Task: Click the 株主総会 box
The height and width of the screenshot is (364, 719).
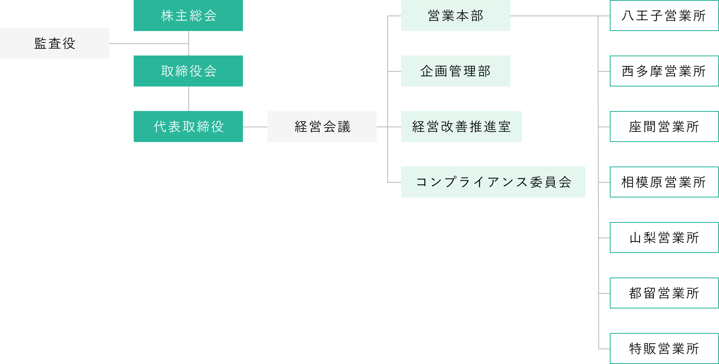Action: (188, 16)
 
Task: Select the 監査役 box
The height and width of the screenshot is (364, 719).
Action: (55, 43)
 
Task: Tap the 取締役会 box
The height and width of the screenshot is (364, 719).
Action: (188, 71)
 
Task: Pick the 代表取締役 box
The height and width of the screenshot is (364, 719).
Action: (188, 127)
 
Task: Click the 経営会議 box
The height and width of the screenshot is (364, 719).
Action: (322, 127)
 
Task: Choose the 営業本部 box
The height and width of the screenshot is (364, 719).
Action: (456, 16)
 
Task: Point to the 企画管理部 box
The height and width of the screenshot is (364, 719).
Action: (456, 71)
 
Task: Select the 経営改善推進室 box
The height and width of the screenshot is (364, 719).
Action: (461, 127)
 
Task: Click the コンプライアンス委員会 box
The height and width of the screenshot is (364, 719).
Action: (493, 182)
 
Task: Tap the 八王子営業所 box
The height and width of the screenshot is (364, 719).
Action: (664, 16)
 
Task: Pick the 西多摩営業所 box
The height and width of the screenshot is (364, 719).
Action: (664, 71)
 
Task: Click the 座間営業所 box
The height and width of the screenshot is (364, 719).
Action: (664, 127)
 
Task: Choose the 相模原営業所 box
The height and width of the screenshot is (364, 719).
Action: (664, 182)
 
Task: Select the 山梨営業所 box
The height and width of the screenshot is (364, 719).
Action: (664, 237)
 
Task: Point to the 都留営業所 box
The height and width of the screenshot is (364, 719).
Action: (664, 293)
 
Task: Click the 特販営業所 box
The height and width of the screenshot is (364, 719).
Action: (664, 348)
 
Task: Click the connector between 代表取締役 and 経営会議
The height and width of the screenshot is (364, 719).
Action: (255, 127)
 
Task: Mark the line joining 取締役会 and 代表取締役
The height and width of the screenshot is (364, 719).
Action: (189, 99)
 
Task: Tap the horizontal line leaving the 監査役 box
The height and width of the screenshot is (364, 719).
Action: (149, 44)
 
